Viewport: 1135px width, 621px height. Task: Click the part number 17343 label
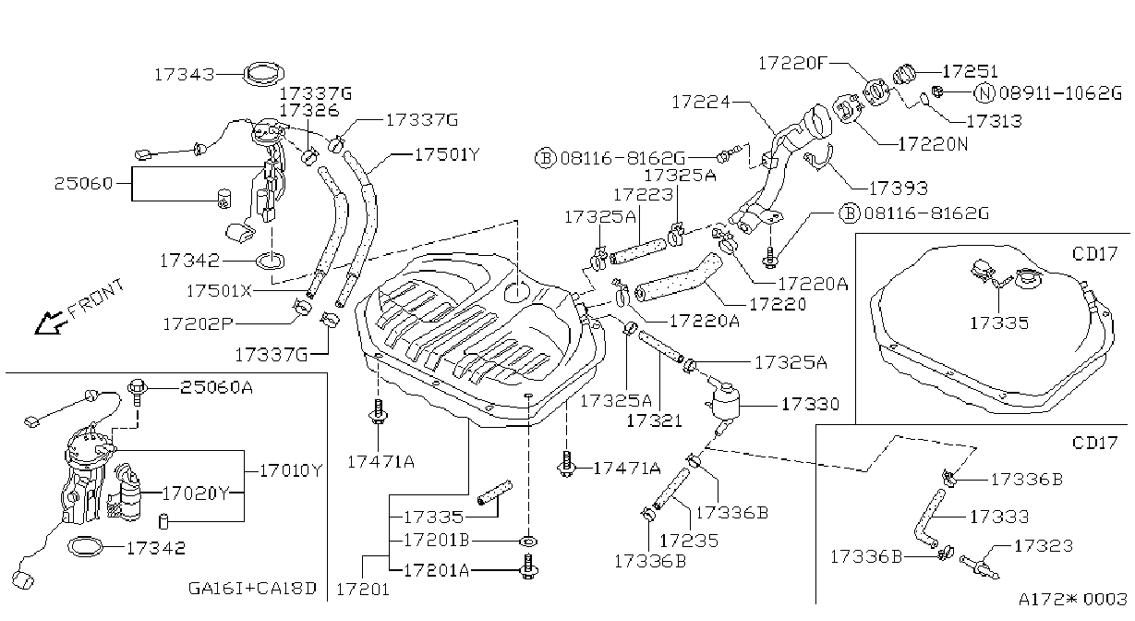(185, 75)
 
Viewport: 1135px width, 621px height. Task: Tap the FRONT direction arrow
(51, 323)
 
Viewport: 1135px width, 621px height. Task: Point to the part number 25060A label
(216, 387)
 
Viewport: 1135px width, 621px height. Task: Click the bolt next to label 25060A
(138, 393)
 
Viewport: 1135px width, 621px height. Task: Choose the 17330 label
(810, 404)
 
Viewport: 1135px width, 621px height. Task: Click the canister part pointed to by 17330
(725, 400)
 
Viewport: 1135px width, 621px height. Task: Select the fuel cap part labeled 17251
(903, 75)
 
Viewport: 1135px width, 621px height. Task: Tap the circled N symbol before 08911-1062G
(984, 92)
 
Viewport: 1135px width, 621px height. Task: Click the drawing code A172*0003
(1072, 599)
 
